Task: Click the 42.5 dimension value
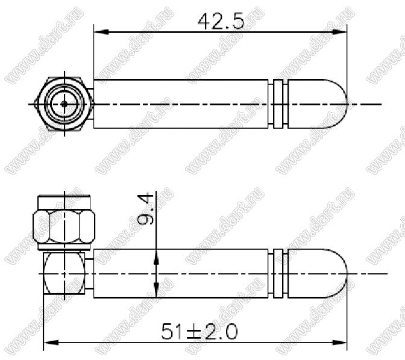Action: (221, 21)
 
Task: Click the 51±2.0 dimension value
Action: (199, 332)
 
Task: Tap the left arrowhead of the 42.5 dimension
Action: (101, 32)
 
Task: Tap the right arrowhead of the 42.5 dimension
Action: (339, 32)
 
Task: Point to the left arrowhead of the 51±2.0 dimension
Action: (51, 343)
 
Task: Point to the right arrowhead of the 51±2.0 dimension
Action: (339, 343)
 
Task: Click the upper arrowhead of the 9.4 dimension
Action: (156, 257)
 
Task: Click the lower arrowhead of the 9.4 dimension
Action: (156, 290)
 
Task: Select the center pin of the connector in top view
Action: (64, 104)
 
